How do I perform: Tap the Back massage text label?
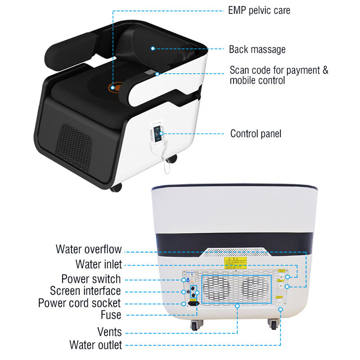click(257, 49)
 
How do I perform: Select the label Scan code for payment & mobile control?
click(279, 75)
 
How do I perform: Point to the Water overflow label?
click(89, 249)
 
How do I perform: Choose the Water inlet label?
click(99, 264)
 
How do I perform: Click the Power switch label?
click(91, 279)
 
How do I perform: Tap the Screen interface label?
click(85, 291)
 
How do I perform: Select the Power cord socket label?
click(80, 303)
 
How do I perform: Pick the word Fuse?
click(111, 315)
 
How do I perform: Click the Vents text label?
click(109, 332)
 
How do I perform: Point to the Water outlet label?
click(95, 345)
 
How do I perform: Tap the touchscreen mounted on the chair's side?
click(156, 132)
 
